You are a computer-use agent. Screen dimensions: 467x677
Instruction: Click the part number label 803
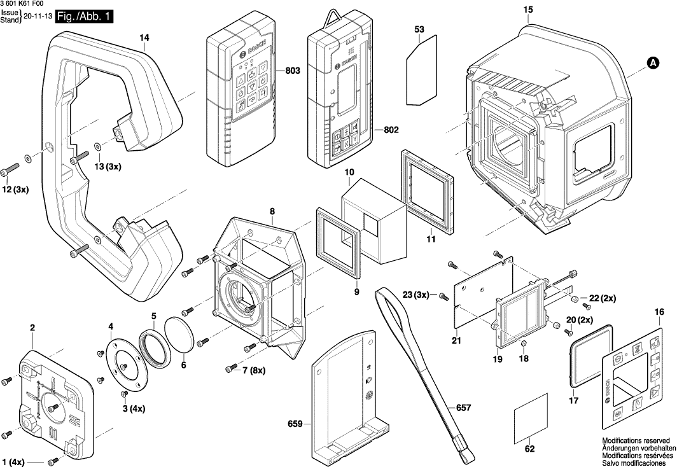(292, 71)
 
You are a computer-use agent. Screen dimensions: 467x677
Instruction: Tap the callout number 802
(391, 130)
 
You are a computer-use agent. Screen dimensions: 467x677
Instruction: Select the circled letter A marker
(652, 62)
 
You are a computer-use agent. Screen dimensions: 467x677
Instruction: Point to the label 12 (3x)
(15, 190)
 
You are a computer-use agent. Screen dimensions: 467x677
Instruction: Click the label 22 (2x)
(603, 298)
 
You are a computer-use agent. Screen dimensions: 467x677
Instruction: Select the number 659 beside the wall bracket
(296, 424)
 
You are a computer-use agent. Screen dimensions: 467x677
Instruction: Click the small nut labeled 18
(522, 344)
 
